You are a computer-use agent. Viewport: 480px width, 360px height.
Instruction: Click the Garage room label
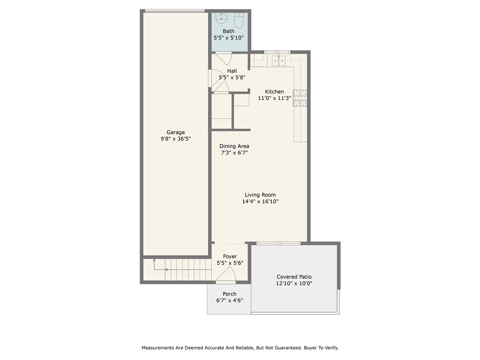pyautogui.click(x=176, y=132)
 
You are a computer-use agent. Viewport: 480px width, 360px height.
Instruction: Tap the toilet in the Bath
pyautogui.click(x=238, y=20)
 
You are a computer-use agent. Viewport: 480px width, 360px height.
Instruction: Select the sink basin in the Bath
pyautogui.click(x=221, y=19)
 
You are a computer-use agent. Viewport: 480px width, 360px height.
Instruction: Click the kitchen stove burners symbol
pyautogui.click(x=300, y=97)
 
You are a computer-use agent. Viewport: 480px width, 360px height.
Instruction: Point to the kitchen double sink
pyautogui.click(x=280, y=60)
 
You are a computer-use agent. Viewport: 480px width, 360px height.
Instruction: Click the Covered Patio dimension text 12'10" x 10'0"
pyautogui.click(x=294, y=284)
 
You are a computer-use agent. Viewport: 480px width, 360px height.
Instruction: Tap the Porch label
pyautogui.click(x=230, y=294)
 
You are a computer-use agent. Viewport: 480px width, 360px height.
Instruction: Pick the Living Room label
pyautogui.click(x=260, y=195)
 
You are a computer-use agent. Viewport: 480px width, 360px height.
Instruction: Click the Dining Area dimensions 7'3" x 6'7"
pyautogui.click(x=234, y=153)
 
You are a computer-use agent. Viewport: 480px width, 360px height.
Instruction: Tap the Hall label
pyautogui.click(x=232, y=71)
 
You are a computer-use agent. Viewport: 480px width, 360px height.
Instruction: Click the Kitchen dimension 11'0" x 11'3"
pyautogui.click(x=274, y=98)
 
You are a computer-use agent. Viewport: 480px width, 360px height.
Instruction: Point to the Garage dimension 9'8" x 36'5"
pyautogui.click(x=176, y=139)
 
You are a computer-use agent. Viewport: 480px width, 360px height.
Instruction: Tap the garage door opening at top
pyautogui.click(x=174, y=11)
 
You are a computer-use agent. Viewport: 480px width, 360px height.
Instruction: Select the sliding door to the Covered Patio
pyautogui.click(x=279, y=243)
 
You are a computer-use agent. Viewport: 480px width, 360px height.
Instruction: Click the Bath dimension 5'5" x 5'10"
pyautogui.click(x=229, y=37)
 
